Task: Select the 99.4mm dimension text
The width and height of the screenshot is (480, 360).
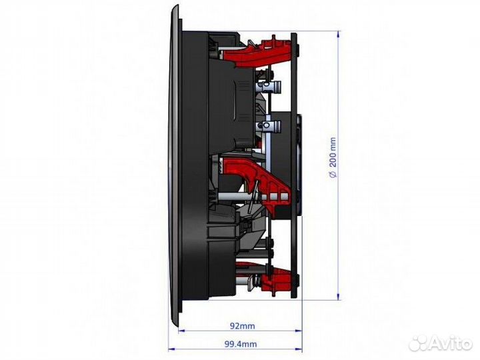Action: point(241,344)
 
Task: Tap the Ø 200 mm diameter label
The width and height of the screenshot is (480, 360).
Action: point(333,157)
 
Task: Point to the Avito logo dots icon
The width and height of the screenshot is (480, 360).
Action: point(419,343)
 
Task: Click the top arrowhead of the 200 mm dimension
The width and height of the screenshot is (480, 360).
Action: point(338,34)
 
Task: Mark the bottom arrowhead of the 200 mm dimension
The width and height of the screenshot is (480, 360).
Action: point(338,297)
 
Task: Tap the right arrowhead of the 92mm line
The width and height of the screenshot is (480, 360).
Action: point(299,331)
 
